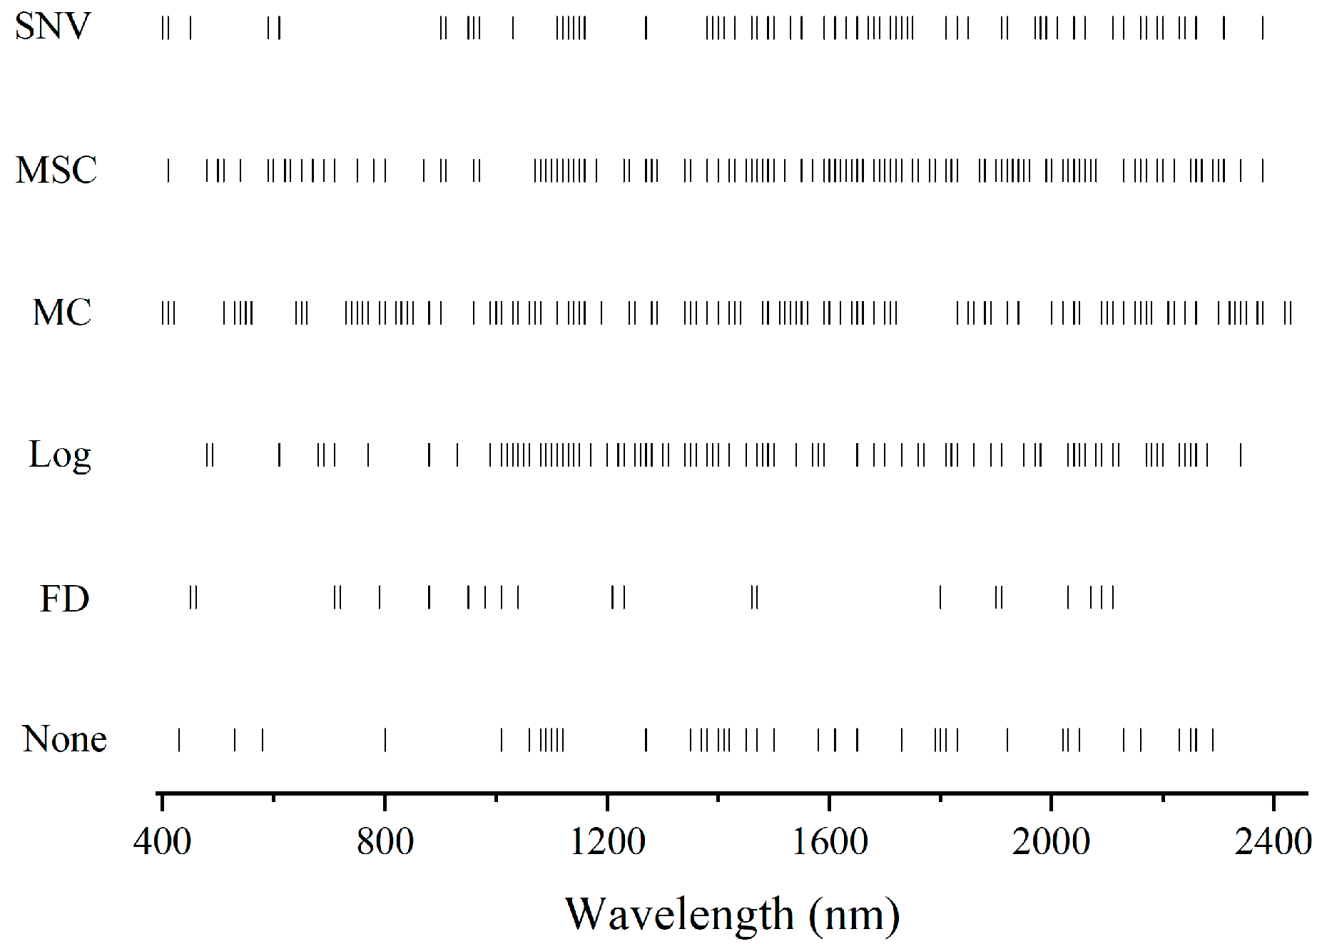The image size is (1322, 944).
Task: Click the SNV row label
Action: [x=53, y=26]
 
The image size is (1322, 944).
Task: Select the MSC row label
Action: [x=56, y=171]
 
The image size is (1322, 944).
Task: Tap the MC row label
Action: [x=62, y=313]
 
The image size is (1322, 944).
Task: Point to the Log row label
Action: [x=60, y=455]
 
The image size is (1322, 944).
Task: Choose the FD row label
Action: [x=64, y=598]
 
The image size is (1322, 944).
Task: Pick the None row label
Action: [x=65, y=739]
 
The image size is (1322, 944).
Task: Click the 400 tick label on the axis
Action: [x=162, y=842]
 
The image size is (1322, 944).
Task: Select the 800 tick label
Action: [x=385, y=842]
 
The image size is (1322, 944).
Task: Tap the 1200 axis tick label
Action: [x=607, y=842]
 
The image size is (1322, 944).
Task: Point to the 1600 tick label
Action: [x=830, y=842]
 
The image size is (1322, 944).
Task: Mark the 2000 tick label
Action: [x=1051, y=842]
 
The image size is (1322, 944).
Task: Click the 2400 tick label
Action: [x=1273, y=842]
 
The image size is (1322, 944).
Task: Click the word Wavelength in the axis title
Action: [x=679, y=915]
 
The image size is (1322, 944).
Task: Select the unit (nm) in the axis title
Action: [x=854, y=915]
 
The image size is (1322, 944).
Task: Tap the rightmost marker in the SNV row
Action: [x=1263, y=28]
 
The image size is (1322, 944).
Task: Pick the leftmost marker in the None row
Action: [x=179, y=740]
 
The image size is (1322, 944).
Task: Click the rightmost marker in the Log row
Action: [x=1241, y=455]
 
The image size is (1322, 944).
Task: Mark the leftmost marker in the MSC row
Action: [x=168, y=171]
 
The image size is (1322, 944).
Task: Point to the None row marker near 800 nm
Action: [x=385, y=740]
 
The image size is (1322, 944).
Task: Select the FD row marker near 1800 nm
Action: [x=940, y=597]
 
